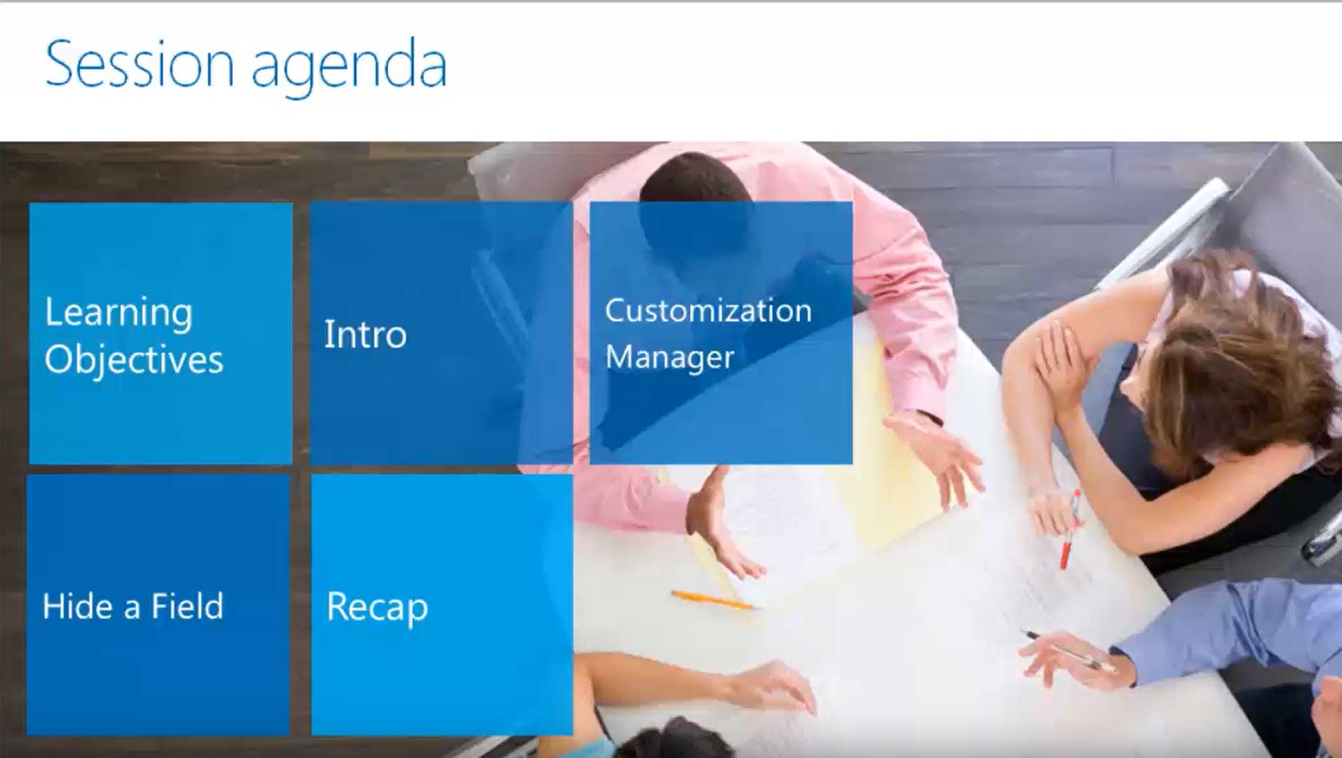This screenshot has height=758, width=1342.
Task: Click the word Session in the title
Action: click(x=140, y=65)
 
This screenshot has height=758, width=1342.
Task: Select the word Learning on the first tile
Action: click(x=119, y=312)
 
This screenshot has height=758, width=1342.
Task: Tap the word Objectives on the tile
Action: click(x=134, y=360)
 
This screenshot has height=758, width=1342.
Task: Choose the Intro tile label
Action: click(x=365, y=334)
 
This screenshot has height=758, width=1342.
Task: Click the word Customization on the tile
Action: click(x=708, y=310)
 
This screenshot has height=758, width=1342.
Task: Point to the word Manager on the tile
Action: click(x=670, y=357)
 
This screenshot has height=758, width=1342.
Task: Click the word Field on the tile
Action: click(x=187, y=606)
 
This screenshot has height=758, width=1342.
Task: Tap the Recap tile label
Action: click(x=377, y=608)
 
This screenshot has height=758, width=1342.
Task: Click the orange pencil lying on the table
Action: click(x=712, y=599)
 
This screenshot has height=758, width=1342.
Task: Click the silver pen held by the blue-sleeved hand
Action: click(x=1070, y=651)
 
